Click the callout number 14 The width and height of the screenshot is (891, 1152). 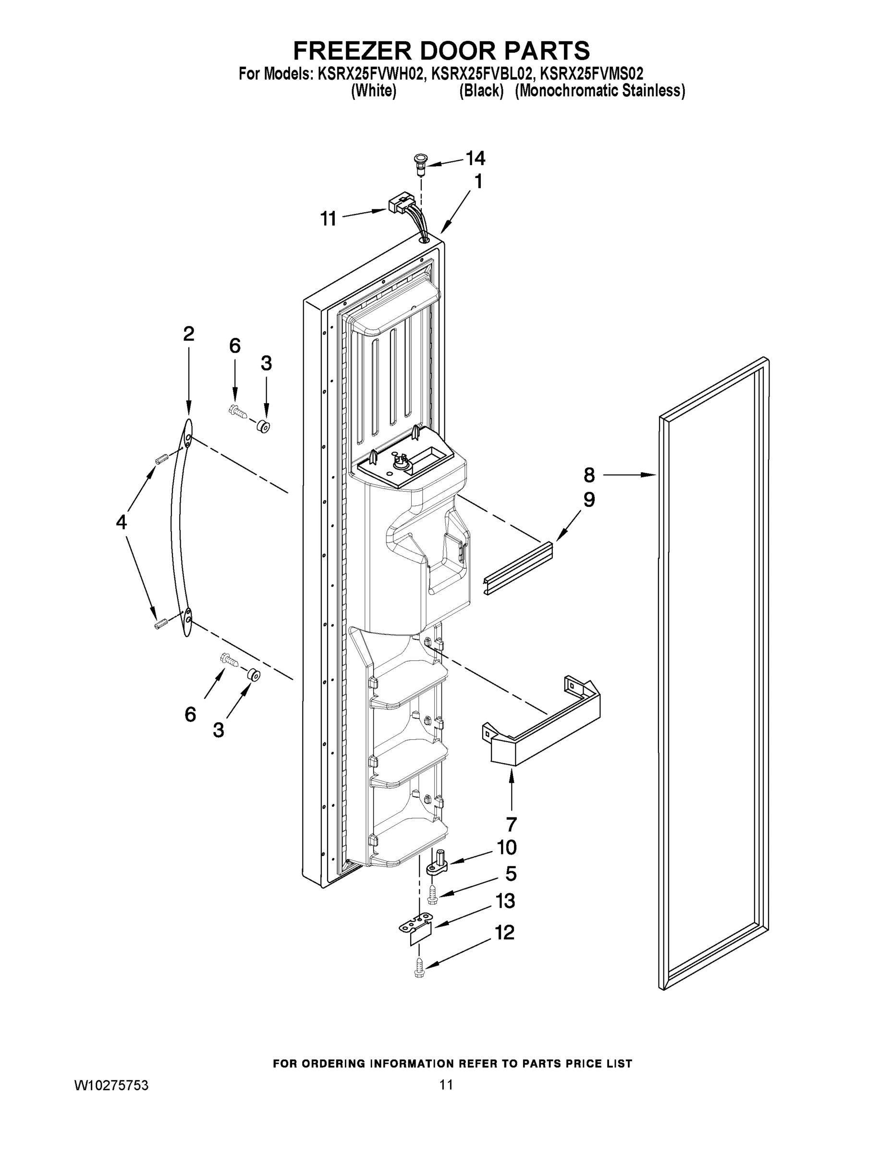point(475,158)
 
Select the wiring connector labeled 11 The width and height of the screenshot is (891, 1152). point(400,203)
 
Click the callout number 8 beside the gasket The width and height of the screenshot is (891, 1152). point(589,475)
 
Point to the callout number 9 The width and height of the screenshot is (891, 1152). point(589,500)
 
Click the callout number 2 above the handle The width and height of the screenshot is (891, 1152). point(188,334)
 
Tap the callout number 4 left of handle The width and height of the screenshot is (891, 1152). point(122,522)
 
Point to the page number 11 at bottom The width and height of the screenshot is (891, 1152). point(446,1085)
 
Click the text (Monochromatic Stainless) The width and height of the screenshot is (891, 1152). point(599,91)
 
